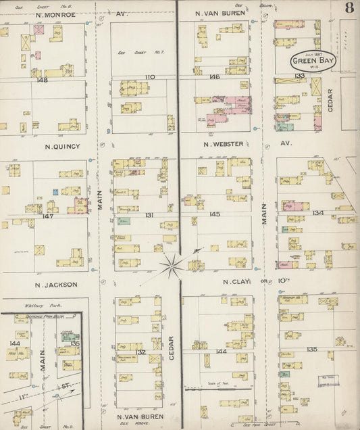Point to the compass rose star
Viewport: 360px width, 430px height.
(x=174, y=262)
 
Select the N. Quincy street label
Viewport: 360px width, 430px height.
(x=62, y=145)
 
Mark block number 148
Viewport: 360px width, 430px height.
(x=43, y=80)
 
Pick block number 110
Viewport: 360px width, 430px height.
(x=150, y=77)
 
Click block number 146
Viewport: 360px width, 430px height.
(x=214, y=77)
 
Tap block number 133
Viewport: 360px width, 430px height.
(x=300, y=76)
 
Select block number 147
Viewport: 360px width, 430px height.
(x=47, y=216)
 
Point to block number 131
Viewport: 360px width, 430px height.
(x=149, y=215)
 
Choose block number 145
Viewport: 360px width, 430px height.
(x=214, y=214)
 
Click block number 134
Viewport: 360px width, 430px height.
(x=318, y=213)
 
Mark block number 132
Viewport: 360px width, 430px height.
(x=140, y=352)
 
